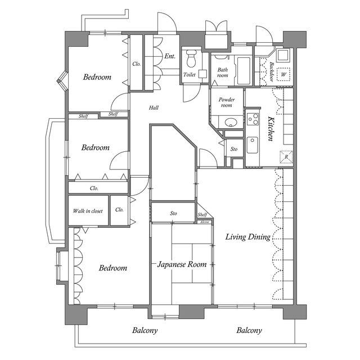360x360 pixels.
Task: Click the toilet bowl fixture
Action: (x=191, y=58)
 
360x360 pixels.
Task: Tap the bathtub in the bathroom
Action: (x=244, y=70)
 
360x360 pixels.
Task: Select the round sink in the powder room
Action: (x=231, y=122)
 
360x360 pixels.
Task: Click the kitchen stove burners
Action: (x=253, y=119)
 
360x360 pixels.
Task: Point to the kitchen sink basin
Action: (x=253, y=145)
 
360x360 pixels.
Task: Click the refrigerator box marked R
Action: (x=286, y=157)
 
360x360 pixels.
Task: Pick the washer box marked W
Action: (x=283, y=74)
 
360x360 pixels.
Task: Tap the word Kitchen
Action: (x=271, y=129)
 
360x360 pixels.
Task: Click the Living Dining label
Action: (x=248, y=237)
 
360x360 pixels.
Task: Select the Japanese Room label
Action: (x=182, y=264)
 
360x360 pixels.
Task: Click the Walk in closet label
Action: (x=88, y=211)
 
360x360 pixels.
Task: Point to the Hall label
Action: (x=154, y=107)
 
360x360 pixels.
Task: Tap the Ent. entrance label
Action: (x=170, y=56)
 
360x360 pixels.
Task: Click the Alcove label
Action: (x=205, y=222)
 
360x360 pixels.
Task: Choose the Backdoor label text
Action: (x=271, y=71)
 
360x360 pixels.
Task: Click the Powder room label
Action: (x=227, y=102)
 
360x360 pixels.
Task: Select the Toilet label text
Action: (x=190, y=75)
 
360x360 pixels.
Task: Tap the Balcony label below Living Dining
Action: (x=249, y=330)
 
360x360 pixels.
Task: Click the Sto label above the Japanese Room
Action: (x=174, y=213)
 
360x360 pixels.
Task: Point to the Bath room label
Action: (x=223, y=73)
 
